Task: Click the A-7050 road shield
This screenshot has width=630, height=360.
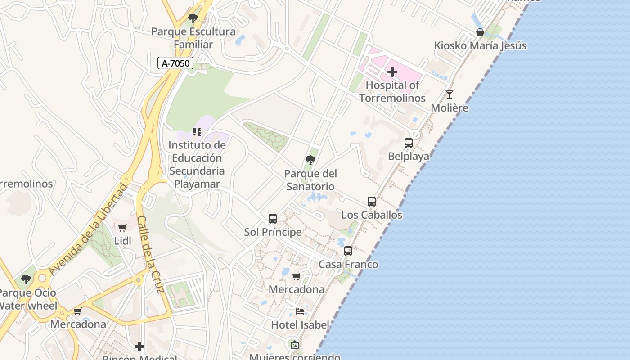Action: pyautogui.click(x=175, y=63)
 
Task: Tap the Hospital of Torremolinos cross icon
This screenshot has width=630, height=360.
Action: pyautogui.click(x=392, y=72)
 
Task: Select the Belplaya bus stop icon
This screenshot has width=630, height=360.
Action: pyautogui.click(x=409, y=143)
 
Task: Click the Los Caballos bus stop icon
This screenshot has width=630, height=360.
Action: pyautogui.click(x=372, y=202)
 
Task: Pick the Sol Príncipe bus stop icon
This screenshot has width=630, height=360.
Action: pyautogui.click(x=273, y=219)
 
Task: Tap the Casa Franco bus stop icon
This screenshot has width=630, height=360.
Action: pyautogui.click(x=348, y=251)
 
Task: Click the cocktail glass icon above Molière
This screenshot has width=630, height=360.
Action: pyautogui.click(x=449, y=94)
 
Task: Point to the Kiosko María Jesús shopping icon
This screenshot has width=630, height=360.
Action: pyautogui.click(x=480, y=32)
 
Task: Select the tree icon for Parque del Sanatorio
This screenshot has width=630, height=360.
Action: pyautogui.click(x=310, y=160)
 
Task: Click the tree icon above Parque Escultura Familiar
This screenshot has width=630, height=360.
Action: pyautogui.click(x=193, y=18)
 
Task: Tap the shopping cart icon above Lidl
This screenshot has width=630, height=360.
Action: pyautogui.click(x=122, y=228)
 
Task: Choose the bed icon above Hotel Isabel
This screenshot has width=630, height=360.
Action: pyautogui.click(x=300, y=311)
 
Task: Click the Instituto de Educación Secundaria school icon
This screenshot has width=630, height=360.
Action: pyautogui.click(x=197, y=132)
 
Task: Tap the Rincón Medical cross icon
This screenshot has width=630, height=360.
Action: pyautogui.click(x=139, y=346)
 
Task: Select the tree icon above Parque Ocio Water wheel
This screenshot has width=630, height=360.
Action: pyautogui.click(x=26, y=279)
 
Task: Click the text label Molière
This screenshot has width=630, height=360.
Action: pyautogui.click(x=450, y=108)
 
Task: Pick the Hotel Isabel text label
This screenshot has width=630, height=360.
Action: pyautogui.click(x=300, y=324)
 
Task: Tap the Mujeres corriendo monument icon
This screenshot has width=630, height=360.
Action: pyautogui.click(x=295, y=345)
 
